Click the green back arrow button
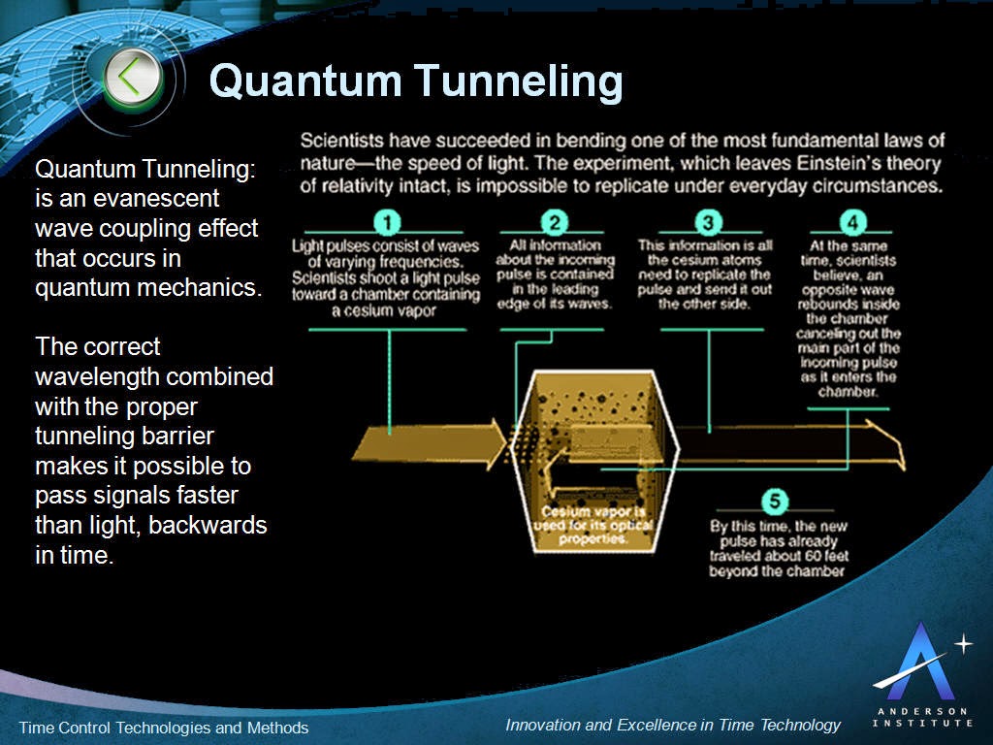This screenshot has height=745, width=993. point(133,79)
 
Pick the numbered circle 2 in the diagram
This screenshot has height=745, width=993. point(553,222)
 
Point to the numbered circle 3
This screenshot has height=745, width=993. point(708,222)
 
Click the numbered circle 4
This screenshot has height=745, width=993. point(851,222)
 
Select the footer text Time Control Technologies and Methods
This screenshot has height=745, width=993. point(164,728)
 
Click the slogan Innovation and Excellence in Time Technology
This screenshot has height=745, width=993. point(673,725)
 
